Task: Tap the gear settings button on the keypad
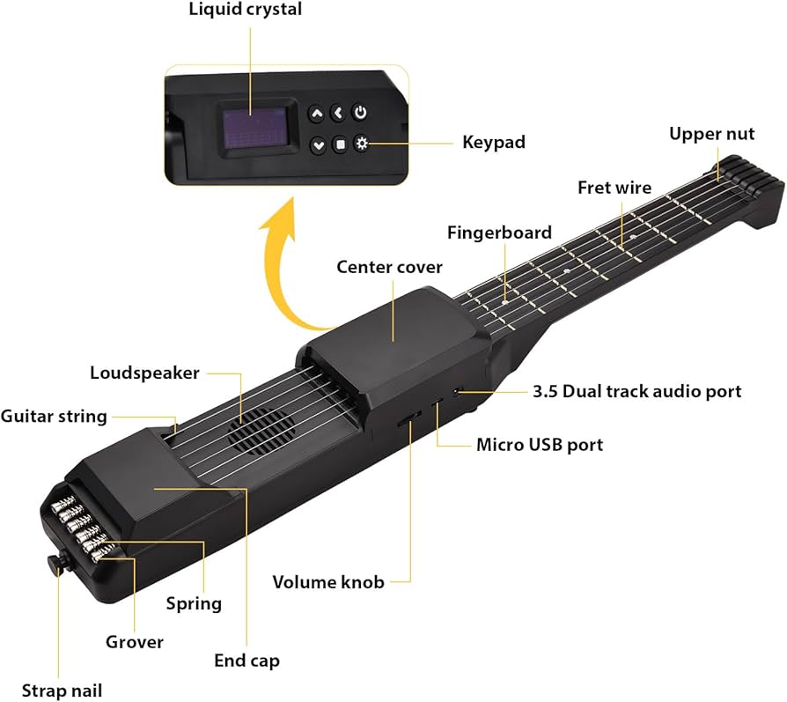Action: click(x=361, y=144)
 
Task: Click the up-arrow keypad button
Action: click(x=316, y=114)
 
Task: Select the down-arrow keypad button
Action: click(x=318, y=144)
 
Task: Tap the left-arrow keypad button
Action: click(x=338, y=114)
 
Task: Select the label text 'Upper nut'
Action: click(x=711, y=134)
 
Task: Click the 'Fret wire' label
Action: click(x=614, y=188)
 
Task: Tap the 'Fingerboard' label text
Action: click(x=499, y=233)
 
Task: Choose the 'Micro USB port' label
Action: click(x=540, y=445)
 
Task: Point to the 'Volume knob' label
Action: click(x=328, y=582)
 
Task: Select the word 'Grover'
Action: click(x=135, y=642)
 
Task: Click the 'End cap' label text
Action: click(x=246, y=660)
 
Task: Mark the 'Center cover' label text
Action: click(x=390, y=266)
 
